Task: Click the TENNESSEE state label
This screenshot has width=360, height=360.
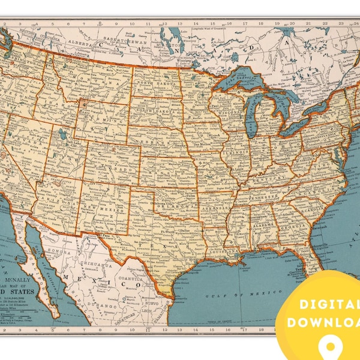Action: [264, 197]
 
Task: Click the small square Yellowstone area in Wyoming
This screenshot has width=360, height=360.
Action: [83, 104]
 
